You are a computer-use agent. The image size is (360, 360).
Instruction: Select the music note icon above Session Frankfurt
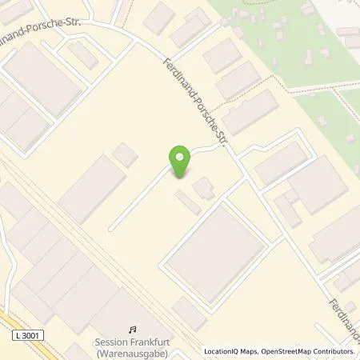click(x=132, y=329)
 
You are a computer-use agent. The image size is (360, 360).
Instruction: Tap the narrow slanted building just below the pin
click(x=188, y=202)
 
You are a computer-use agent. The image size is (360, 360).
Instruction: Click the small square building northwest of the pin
click(x=125, y=154)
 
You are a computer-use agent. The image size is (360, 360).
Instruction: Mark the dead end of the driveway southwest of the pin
click(x=112, y=227)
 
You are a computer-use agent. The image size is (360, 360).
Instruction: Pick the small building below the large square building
click(x=189, y=314)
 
